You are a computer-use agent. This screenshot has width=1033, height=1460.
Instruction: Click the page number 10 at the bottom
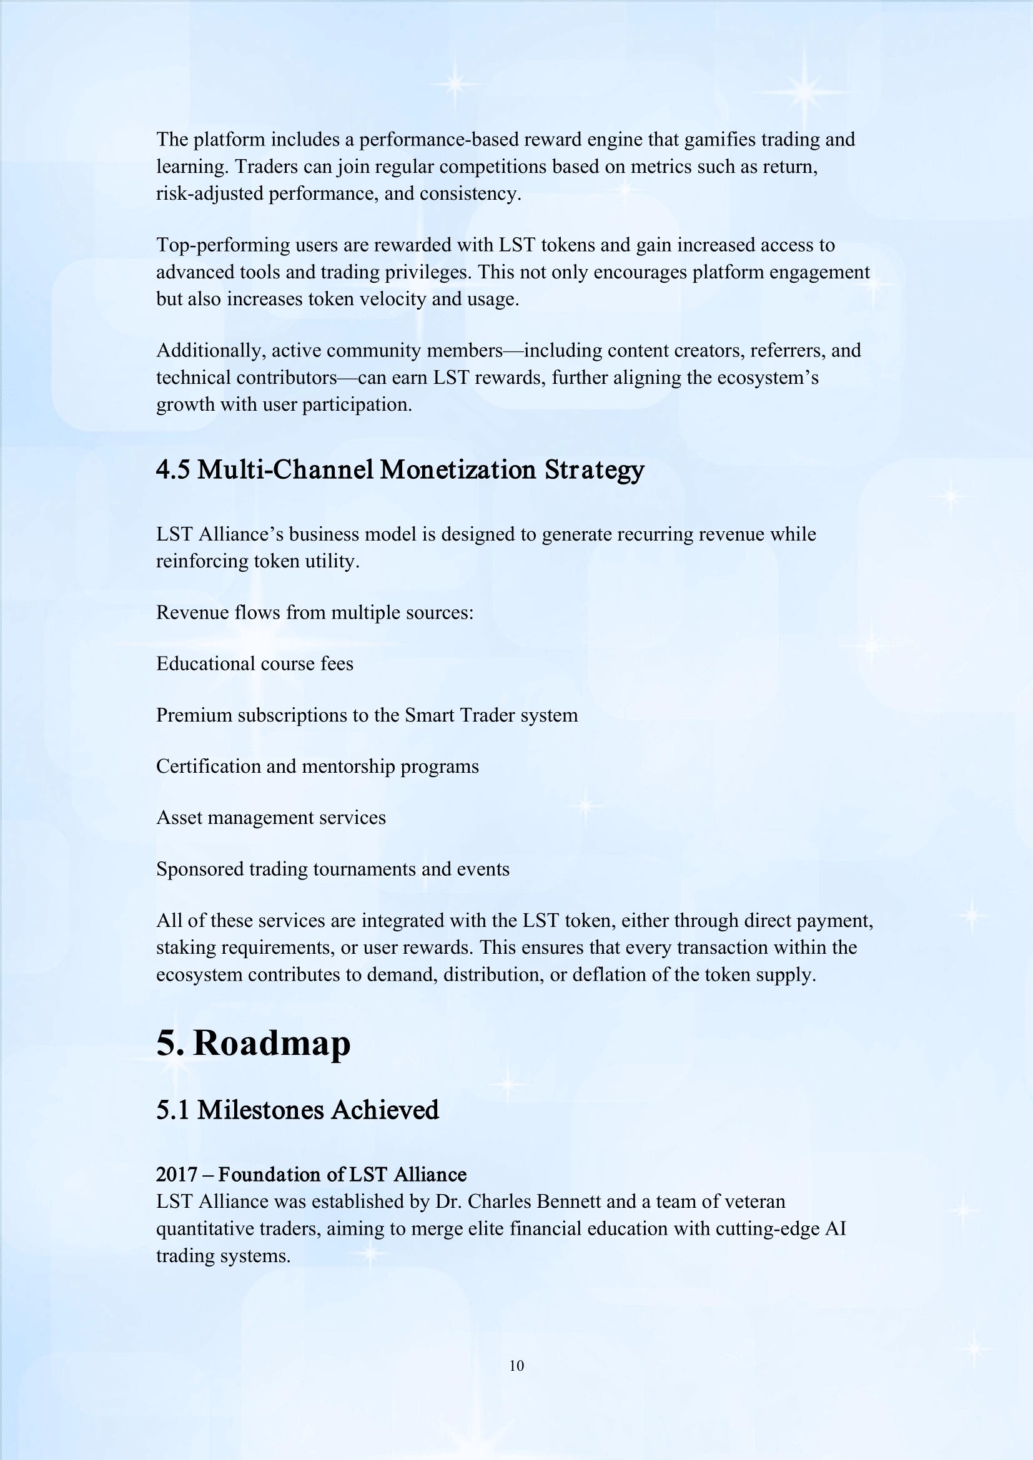(x=516, y=1365)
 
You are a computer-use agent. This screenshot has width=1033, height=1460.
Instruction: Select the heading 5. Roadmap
(x=253, y=1044)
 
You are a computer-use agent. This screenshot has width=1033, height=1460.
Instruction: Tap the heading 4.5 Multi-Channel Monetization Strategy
(x=400, y=470)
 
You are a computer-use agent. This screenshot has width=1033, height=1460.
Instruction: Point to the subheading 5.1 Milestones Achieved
(x=297, y=1110)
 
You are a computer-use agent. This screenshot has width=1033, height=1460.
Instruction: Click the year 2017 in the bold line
(x=177, y=1174)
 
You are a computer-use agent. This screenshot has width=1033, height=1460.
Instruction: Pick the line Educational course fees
(x=254, y=664)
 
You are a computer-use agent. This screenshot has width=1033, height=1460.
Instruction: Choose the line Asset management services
(x=271, y=818)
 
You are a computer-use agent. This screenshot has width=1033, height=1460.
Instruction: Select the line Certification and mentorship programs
(x=317, y=767)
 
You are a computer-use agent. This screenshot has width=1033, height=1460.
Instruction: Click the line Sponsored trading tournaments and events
(x=333, y=870)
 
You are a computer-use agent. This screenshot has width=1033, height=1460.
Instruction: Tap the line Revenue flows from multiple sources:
(x=315, y=612)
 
